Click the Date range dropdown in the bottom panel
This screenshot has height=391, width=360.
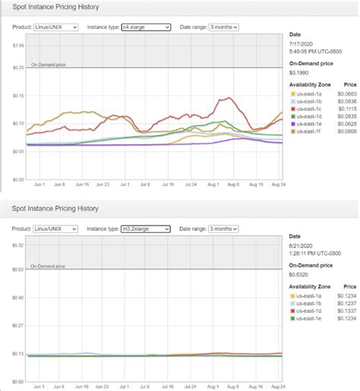click(x=224, y=229)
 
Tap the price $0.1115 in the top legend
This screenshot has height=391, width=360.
click(x=346, y=109)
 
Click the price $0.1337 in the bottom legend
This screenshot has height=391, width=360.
click(x=346, y=311)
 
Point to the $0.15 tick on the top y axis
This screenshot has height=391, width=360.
click(x=16, y=96)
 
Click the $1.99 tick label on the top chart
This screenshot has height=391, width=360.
click(x=16, y=46)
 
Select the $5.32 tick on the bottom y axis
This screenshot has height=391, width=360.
click(x=16, y=245)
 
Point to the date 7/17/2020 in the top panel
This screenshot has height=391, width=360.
click(x=302, y=45)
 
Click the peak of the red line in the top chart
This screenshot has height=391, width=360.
click(x=226, y=98)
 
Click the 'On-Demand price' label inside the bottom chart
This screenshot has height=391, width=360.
click(x=48, y=266)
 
